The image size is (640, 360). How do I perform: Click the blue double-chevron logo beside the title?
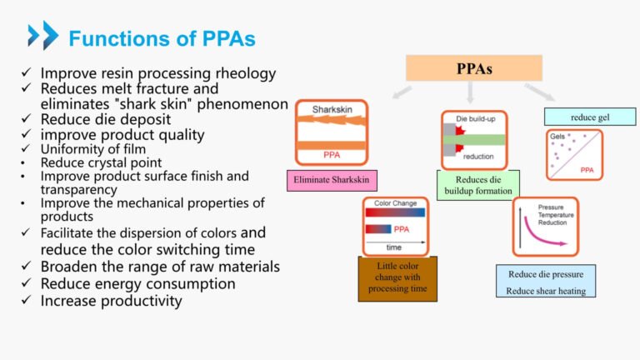[42, 36]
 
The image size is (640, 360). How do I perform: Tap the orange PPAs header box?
[474, 68]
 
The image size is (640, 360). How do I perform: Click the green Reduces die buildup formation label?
[477, 185]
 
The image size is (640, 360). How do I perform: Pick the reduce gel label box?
[590, 117]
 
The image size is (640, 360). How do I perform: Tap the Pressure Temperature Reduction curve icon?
[545, 226]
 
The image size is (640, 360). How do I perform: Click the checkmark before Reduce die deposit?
[28, 120]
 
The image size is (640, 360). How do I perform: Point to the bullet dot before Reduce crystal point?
[28, 162]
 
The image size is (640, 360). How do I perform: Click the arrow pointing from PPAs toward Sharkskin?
[402, 92]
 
